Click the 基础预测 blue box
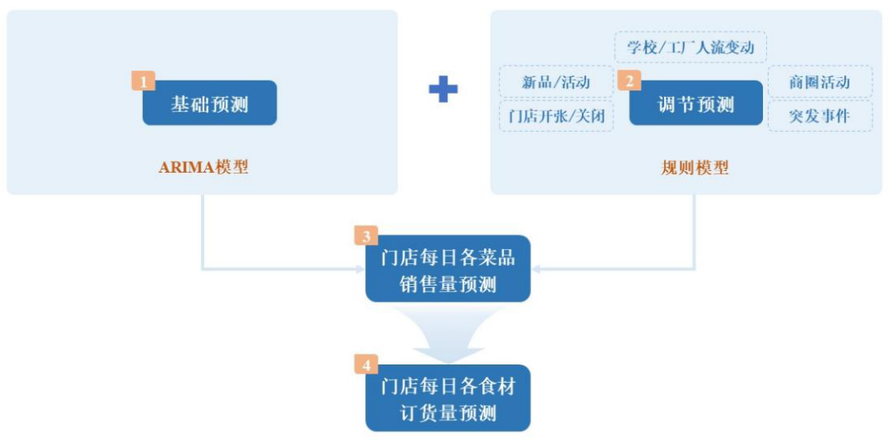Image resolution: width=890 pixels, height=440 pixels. point(209,104)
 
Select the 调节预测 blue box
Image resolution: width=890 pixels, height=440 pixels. point(696,105)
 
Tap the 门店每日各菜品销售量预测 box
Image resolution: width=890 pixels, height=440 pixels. point(447,270)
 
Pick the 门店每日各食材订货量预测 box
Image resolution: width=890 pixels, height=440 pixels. point(447,398)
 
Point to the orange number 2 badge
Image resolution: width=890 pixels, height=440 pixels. point(629,81)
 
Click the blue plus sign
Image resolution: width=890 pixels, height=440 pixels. point(443,89)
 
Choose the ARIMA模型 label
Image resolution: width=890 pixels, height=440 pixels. point(203,167)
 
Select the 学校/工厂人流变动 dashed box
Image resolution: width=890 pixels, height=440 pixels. point(690,47)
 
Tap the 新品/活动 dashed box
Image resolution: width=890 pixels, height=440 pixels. point(555,81)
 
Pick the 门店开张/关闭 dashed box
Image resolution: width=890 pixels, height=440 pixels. point(555,116)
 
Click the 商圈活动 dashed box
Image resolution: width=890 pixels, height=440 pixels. point(819,81)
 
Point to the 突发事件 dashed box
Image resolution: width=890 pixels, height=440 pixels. point(819,116)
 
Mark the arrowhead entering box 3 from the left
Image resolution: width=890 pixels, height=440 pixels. point(359,269)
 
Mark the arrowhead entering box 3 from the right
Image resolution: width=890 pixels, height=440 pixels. point(536,269)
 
